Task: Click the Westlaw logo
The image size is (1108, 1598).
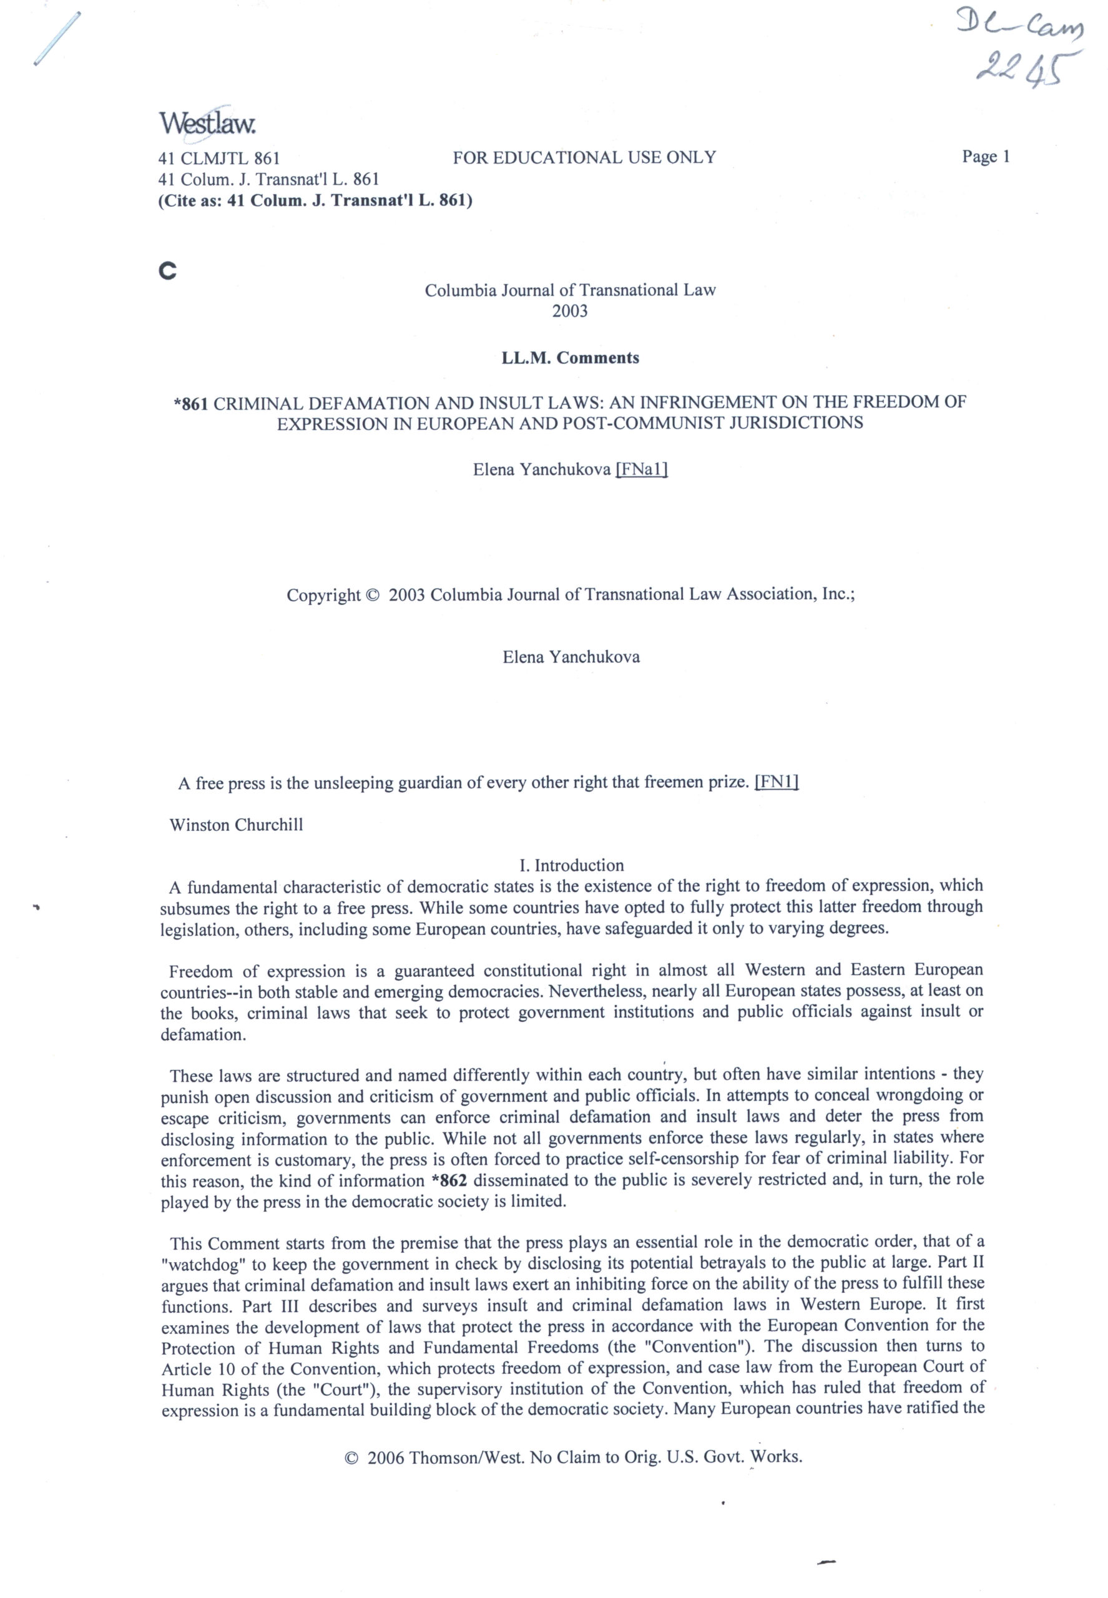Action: coord(208,123)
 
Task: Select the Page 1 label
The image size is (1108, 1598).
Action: coord(985,157)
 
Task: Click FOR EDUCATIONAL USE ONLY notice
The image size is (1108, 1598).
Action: coord(584,157)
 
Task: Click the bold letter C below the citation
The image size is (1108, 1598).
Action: coord(167,271)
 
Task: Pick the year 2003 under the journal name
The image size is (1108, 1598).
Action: coord(569,311)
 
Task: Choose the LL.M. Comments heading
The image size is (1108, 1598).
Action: coord(570,358)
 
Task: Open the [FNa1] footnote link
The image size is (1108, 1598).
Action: coord(642,470)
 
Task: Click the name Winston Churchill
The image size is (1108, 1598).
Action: coord(236,825)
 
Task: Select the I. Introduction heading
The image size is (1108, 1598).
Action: coord(571,865)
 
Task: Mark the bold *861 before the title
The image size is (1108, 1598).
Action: coord(191,403)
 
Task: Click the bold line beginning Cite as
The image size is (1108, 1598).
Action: coord(315,202)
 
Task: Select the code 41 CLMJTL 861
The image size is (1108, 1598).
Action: coord(218,159)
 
